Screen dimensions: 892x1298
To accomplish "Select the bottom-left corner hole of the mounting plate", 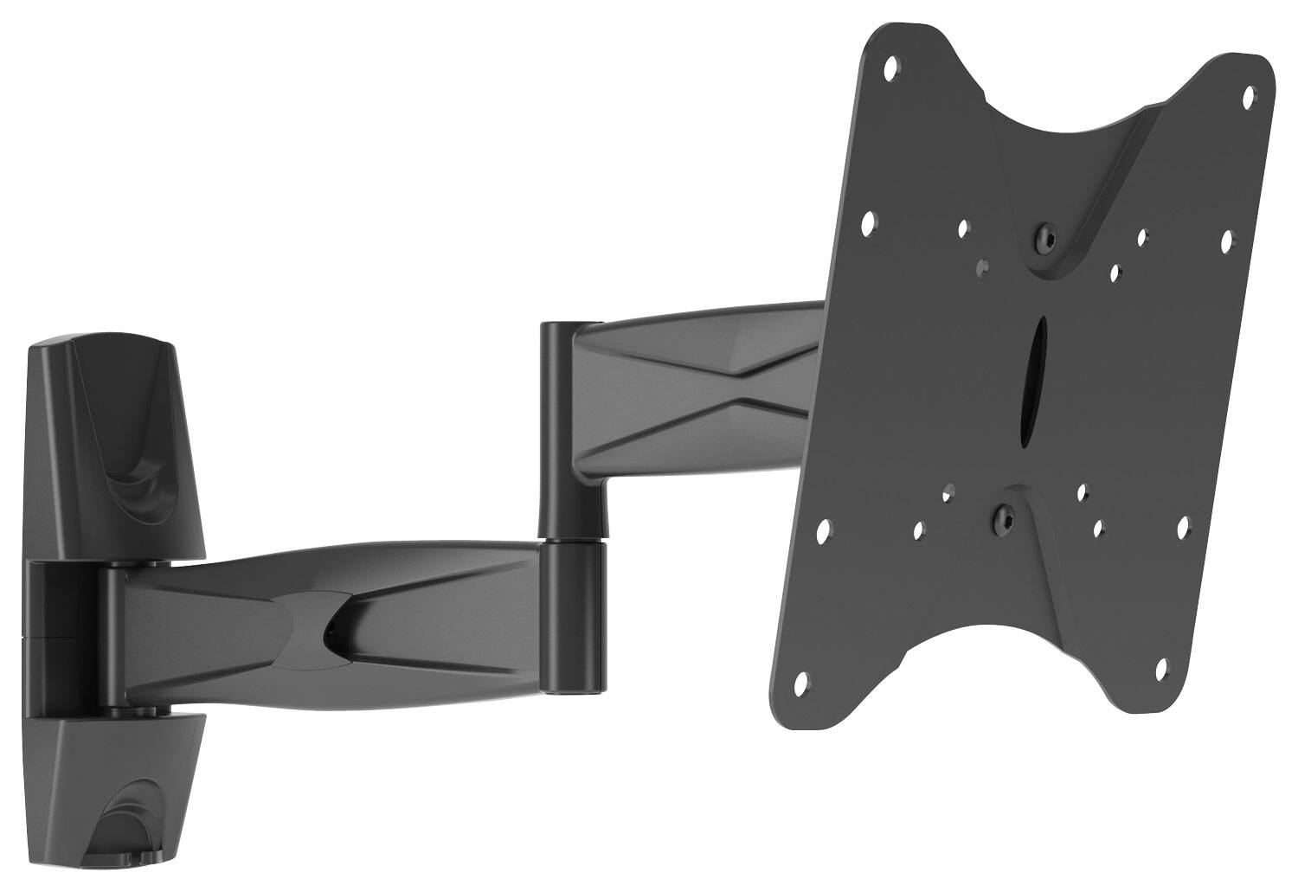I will tap(800, 683).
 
